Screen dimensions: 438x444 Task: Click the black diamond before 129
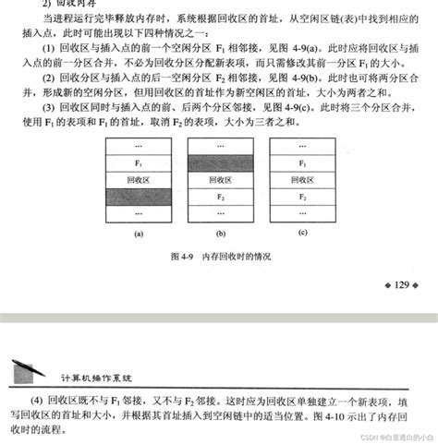[384, 285]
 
